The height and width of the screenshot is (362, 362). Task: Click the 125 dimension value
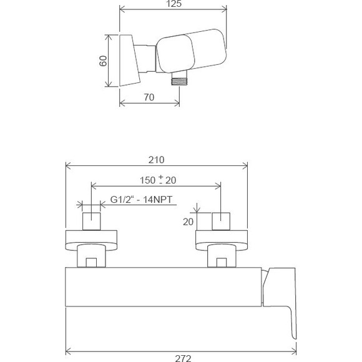click(x=175, y=5)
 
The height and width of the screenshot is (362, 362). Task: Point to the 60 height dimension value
click(x=104, y=61)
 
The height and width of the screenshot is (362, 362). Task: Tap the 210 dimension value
click(x=157, y=159)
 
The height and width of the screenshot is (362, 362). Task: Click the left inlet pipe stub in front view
click(x=92, y=222)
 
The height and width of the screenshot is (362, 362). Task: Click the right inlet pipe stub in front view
click(x=221, y=222)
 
